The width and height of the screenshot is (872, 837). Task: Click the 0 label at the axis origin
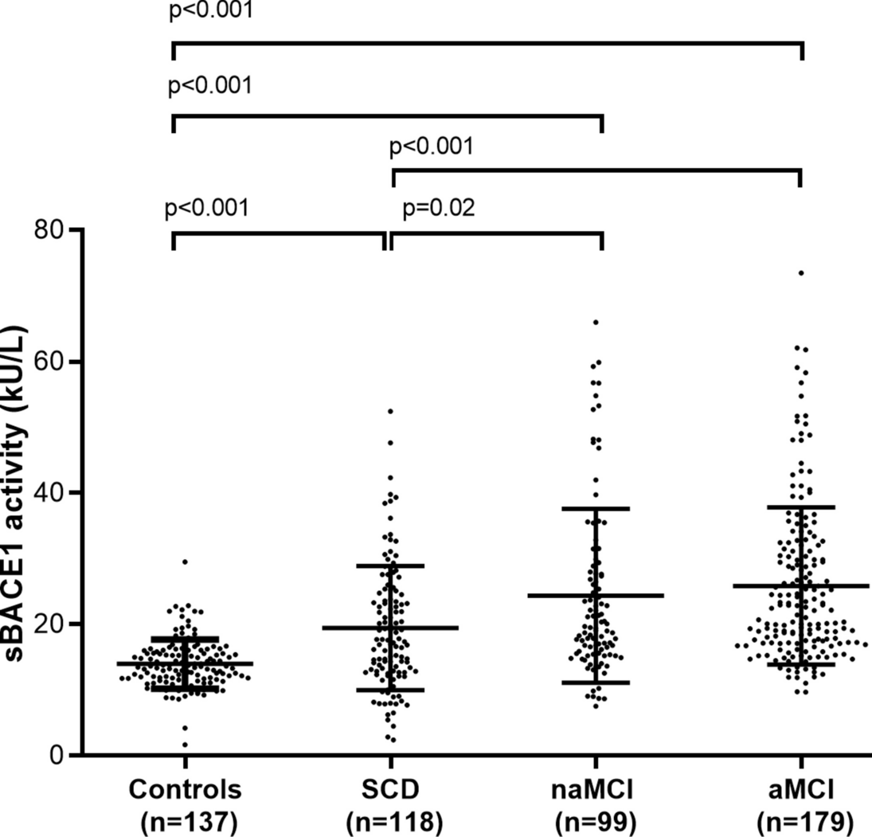[55, 754]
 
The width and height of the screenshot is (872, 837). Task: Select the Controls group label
[185, 790]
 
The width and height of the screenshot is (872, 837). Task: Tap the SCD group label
[390, 790]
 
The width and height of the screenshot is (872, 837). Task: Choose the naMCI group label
[596, 790]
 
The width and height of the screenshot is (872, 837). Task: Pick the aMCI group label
[801, 790]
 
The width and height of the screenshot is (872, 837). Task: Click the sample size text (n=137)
[185, 821]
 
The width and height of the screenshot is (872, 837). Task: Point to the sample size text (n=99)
[596, 821]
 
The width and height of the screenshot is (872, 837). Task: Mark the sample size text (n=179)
[801, 821]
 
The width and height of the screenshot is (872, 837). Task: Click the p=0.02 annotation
[439, 209]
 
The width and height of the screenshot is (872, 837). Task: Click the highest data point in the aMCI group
[801, 273]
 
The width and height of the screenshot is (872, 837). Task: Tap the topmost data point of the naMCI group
[596, 323]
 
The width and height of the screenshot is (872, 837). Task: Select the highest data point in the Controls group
[185, 562]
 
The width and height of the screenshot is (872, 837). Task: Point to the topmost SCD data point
[390, 412]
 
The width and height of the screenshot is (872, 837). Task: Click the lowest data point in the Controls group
[185, 745]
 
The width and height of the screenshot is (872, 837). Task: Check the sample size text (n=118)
[390, 821]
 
